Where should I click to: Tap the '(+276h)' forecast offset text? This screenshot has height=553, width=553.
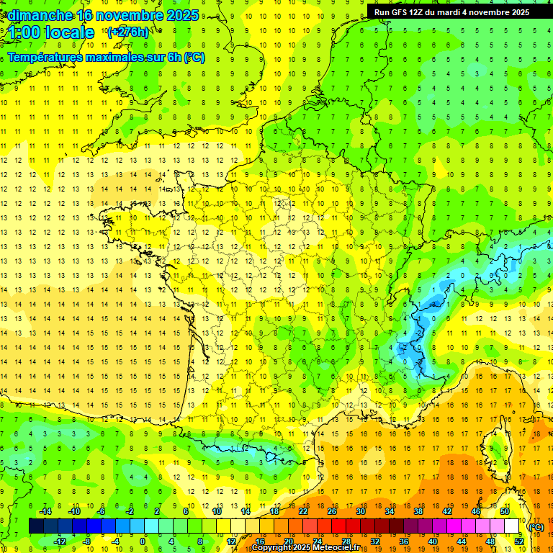(127, 32)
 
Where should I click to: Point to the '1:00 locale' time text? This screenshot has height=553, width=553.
(52, 32)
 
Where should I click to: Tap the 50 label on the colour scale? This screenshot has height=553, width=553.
(504, 511)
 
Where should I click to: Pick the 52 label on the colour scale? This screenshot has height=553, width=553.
(518, 541)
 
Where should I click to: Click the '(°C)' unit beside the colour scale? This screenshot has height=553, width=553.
(536, 526)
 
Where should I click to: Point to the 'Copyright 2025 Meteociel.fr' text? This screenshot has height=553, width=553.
(315, 548)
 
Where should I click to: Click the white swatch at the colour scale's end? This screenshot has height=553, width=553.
(512, 526)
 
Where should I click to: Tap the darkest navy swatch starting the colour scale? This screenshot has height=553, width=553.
(36, 526)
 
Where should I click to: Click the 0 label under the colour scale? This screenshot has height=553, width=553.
(143, 541)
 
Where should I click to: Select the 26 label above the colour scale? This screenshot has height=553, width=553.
(332, 511)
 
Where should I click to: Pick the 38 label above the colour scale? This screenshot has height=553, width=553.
(418, 511)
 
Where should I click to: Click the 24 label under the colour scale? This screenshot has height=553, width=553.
(317, 541)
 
